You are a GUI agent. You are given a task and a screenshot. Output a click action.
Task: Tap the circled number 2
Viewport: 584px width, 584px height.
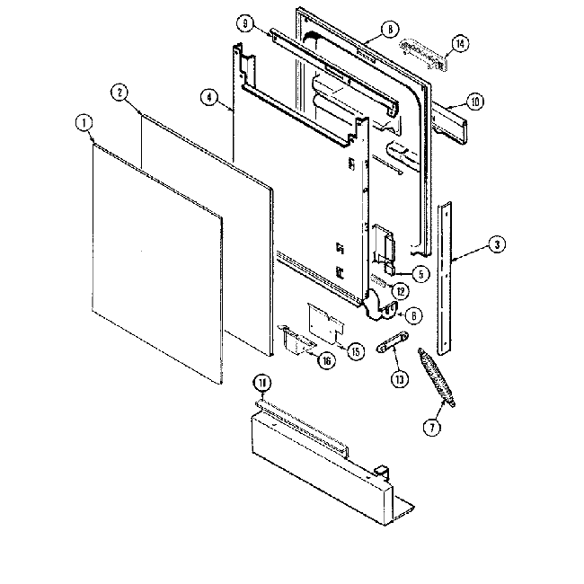click(x=119, y=91)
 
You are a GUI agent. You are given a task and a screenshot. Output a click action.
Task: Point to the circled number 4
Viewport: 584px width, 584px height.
click(x=209, y=98)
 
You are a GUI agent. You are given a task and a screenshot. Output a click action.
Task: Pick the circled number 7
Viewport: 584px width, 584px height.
click(x=434, y=428)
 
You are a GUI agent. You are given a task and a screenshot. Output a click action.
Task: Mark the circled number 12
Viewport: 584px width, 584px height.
click(x=401, y=290)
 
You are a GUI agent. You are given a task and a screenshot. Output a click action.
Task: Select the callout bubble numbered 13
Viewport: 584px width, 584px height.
click(x=398, y=377)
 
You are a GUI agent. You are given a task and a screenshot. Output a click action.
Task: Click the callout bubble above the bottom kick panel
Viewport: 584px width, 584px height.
click(x=261, y=384)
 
